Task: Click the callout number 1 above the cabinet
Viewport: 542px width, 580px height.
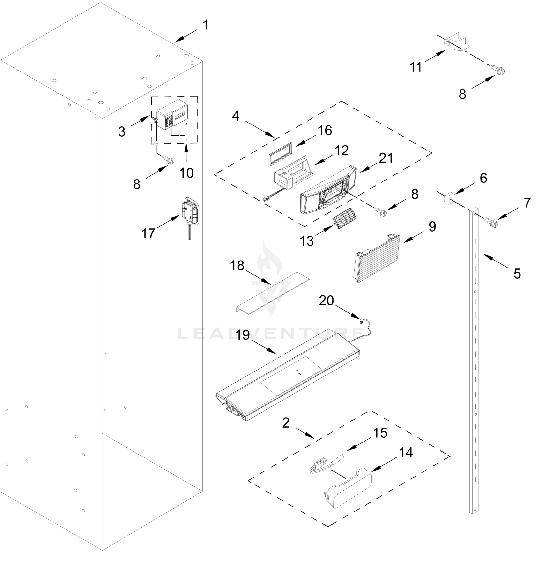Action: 206,25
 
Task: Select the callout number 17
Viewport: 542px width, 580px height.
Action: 148,233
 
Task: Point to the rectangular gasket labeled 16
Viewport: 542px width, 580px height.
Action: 280,154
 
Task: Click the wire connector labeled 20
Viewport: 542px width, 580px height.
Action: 362,322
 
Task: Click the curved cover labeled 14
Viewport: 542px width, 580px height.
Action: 349,487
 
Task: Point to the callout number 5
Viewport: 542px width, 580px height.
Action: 517,274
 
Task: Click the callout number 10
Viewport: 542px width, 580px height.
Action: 186,173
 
